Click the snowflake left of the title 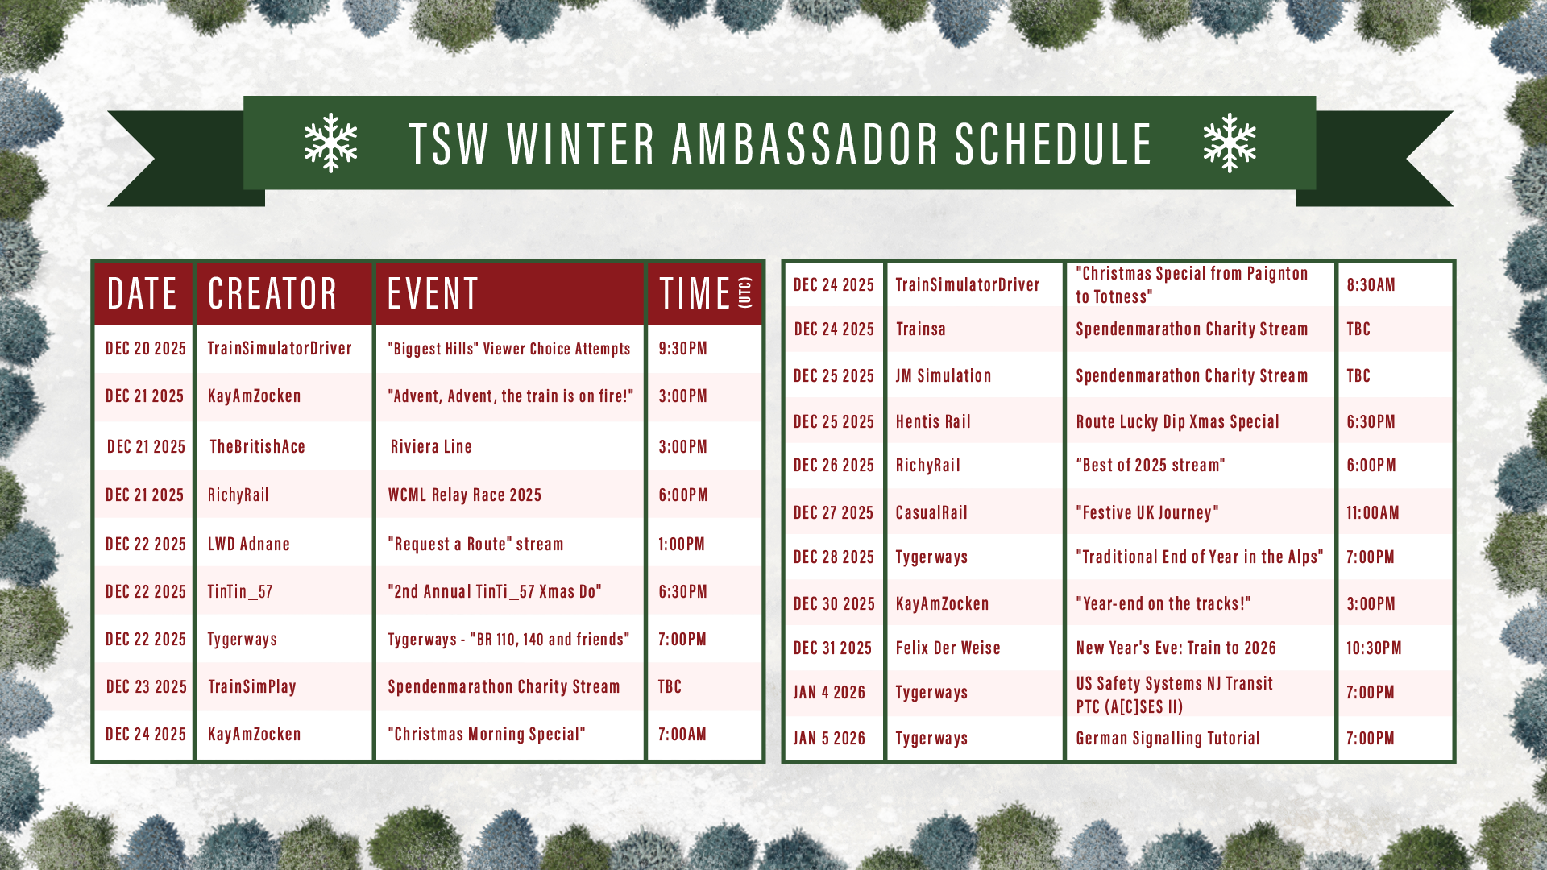click(x=330, y=143)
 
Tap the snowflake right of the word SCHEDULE click(x=1230, y=143)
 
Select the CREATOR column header click(x=272, y=293)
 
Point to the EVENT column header click(x=433, y=293)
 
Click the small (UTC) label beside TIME click(x=745, y=292)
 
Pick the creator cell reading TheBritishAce click(x=257, y=446)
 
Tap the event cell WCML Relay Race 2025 click(x=465, y=495)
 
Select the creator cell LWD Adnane click(x=248, y=544)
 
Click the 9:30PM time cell click(x=682, y=348)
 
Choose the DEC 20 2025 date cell click(x=146, y=348)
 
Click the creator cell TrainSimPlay click(x=252, y=686)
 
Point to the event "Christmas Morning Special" click(x=487, y=734)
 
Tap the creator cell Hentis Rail click(x=933, y=421)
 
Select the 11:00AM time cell click(x=1373, y=512)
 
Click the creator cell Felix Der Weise click(x=948, y=648)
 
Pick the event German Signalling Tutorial click(x=1168, y=738)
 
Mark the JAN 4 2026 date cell click(x=829, y=692)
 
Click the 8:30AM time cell click(x=1371, y=284)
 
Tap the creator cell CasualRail click(x=931, y=512)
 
